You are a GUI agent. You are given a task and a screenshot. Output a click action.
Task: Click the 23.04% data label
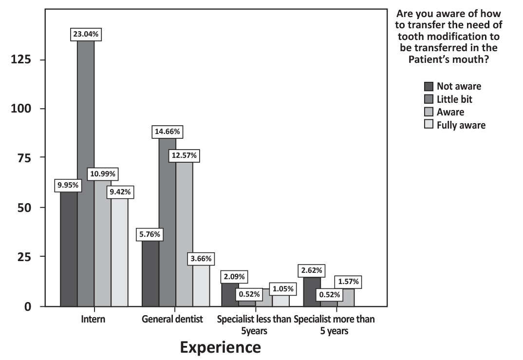pos(86,35)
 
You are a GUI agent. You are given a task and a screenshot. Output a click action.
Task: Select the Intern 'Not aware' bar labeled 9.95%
pos(69,248)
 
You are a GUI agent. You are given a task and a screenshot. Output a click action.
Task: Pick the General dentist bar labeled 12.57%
pos(185,234)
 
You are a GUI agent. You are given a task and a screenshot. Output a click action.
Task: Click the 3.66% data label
pos(201,259)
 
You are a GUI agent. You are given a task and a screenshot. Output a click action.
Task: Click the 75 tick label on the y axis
pos(24,158)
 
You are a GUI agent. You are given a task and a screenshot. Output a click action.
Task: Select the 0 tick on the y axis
pos(28,306)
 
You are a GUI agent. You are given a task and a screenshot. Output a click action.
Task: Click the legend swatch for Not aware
pos(429,87)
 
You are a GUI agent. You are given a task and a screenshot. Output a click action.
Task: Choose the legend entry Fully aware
pos(461,125)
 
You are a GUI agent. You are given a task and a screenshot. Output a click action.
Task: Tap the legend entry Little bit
pos(454,99)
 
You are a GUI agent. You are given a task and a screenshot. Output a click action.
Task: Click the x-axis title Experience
pos(220,347)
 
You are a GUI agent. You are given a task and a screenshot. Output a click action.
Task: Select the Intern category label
pos(93,320)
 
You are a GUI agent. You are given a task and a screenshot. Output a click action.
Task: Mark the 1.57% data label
pos(348,282)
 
